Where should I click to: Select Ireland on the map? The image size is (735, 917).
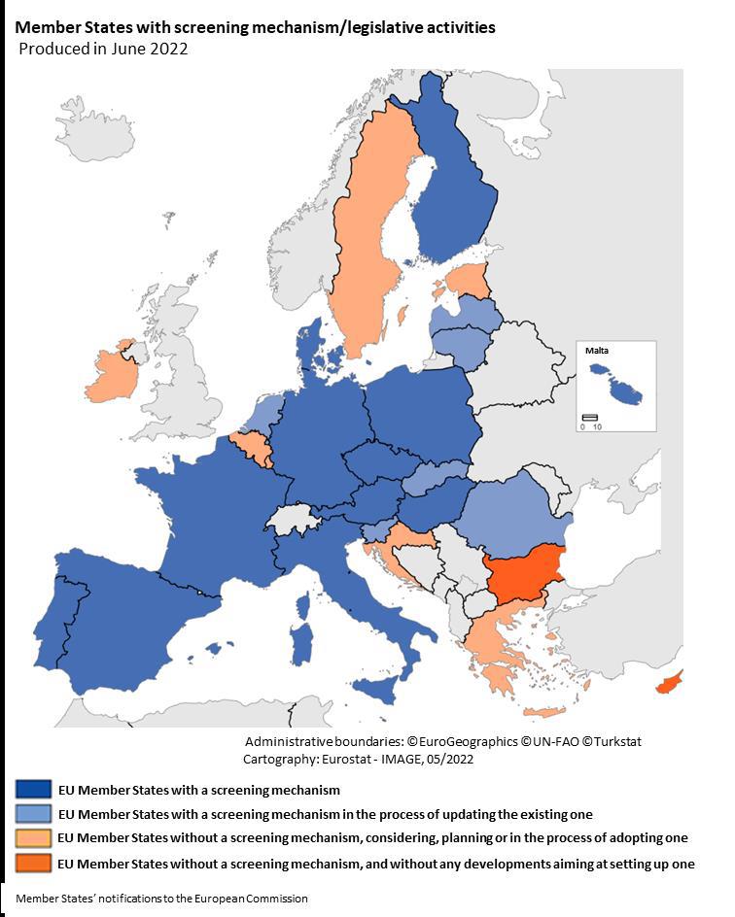[109, 374]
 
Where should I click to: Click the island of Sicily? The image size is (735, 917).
[379, 691]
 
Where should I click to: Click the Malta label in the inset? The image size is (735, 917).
[597, 351]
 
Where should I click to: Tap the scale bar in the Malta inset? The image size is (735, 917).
[589, 418]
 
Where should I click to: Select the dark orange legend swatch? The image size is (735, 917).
[33, 863]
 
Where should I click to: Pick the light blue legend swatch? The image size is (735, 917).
[33, 814]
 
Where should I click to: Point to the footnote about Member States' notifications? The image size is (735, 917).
[161, 899]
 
